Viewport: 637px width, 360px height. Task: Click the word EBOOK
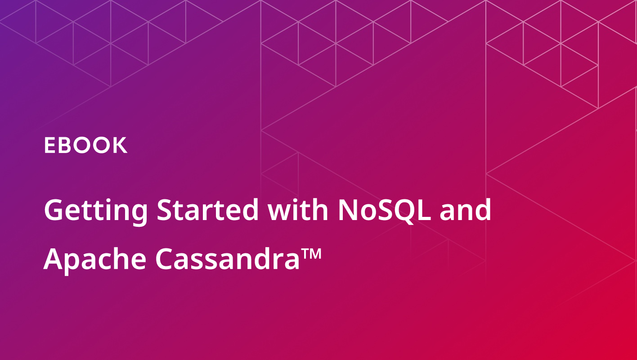point(85,145)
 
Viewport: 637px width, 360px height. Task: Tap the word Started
point(207,209)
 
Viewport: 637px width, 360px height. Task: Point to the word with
point(298,209)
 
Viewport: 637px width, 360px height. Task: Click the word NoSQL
point(384,211)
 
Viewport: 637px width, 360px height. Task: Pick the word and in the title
point(465,209)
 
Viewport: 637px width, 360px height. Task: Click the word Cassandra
point(227,259)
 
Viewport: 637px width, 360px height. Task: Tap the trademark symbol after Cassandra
point(311,253)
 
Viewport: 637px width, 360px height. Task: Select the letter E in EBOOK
point(49,145)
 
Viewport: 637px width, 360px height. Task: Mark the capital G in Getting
point(53,210)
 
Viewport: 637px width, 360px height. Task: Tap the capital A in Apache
point(54,259)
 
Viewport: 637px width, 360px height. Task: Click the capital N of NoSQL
point(348,210)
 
